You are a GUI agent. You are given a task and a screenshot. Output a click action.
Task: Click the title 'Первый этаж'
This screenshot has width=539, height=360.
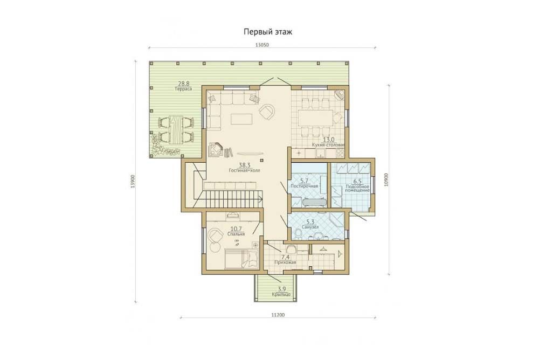point(268,32)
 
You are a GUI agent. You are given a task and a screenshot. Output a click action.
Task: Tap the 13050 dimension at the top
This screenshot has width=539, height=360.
point(261,45)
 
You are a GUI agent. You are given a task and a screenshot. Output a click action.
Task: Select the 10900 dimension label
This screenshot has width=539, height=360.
point(386,179)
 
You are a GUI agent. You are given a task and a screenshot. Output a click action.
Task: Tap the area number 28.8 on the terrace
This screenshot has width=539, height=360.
point(184,83)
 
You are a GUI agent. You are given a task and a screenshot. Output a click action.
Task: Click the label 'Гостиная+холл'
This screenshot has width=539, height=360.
point(244,170)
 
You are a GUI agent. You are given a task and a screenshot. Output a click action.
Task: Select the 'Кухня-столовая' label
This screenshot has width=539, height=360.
point(328,145)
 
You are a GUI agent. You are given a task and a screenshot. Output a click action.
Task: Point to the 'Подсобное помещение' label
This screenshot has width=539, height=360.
point(357,188)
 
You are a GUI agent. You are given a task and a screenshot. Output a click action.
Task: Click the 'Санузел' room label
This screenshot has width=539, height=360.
point(310,227)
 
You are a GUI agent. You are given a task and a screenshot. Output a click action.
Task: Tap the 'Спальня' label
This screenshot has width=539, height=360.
point(236,234)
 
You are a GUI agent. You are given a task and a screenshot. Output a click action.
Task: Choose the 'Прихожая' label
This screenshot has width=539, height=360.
point(285,262)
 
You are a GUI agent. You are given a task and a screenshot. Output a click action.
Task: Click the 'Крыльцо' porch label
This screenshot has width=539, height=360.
point(281,294)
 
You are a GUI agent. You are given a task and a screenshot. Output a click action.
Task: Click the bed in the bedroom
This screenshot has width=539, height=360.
point(241,259)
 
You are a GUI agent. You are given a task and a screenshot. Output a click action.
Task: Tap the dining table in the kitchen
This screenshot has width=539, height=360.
point(315,118)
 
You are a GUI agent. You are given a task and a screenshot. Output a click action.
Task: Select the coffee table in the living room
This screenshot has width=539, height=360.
point(241,119)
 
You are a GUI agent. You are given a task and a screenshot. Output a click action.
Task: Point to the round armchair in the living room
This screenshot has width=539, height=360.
point(267,112)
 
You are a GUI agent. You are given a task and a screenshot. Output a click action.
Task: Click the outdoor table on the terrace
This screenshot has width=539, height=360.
point(176,129)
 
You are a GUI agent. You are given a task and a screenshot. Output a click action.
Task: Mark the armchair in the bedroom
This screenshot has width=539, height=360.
point(216,236)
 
